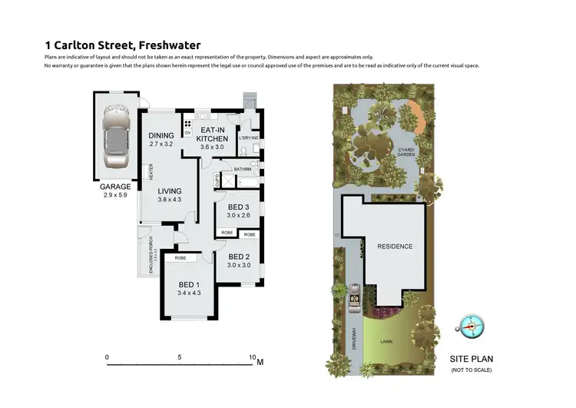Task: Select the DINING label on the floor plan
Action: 161,136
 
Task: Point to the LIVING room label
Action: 170,191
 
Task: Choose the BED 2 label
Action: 239,257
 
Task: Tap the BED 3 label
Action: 238,207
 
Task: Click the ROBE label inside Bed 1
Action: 180,258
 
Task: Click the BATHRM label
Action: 243,169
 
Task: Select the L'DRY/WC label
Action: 249,138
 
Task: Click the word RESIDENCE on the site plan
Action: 395,247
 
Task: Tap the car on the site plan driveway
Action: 356,296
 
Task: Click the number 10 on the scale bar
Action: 251,357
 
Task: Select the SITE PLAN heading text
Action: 472,359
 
